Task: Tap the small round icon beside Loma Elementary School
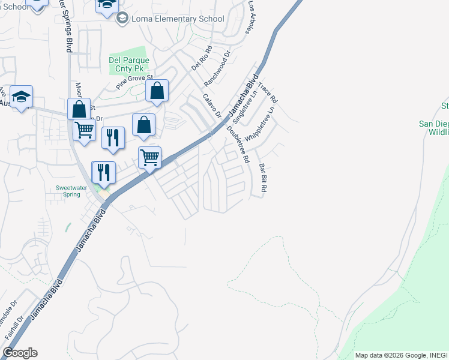(123, 19)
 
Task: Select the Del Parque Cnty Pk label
(129, 65)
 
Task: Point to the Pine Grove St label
(135, 83)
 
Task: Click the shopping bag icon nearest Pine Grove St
(157, 91)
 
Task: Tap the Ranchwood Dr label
(217, 70)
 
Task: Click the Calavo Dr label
(212, 106)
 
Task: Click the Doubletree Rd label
(238, 144)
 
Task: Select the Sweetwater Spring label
(72, 191)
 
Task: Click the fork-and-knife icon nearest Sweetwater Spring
(103, 172)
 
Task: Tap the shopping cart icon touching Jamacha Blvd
(149, 157)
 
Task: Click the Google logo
(20, 353)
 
